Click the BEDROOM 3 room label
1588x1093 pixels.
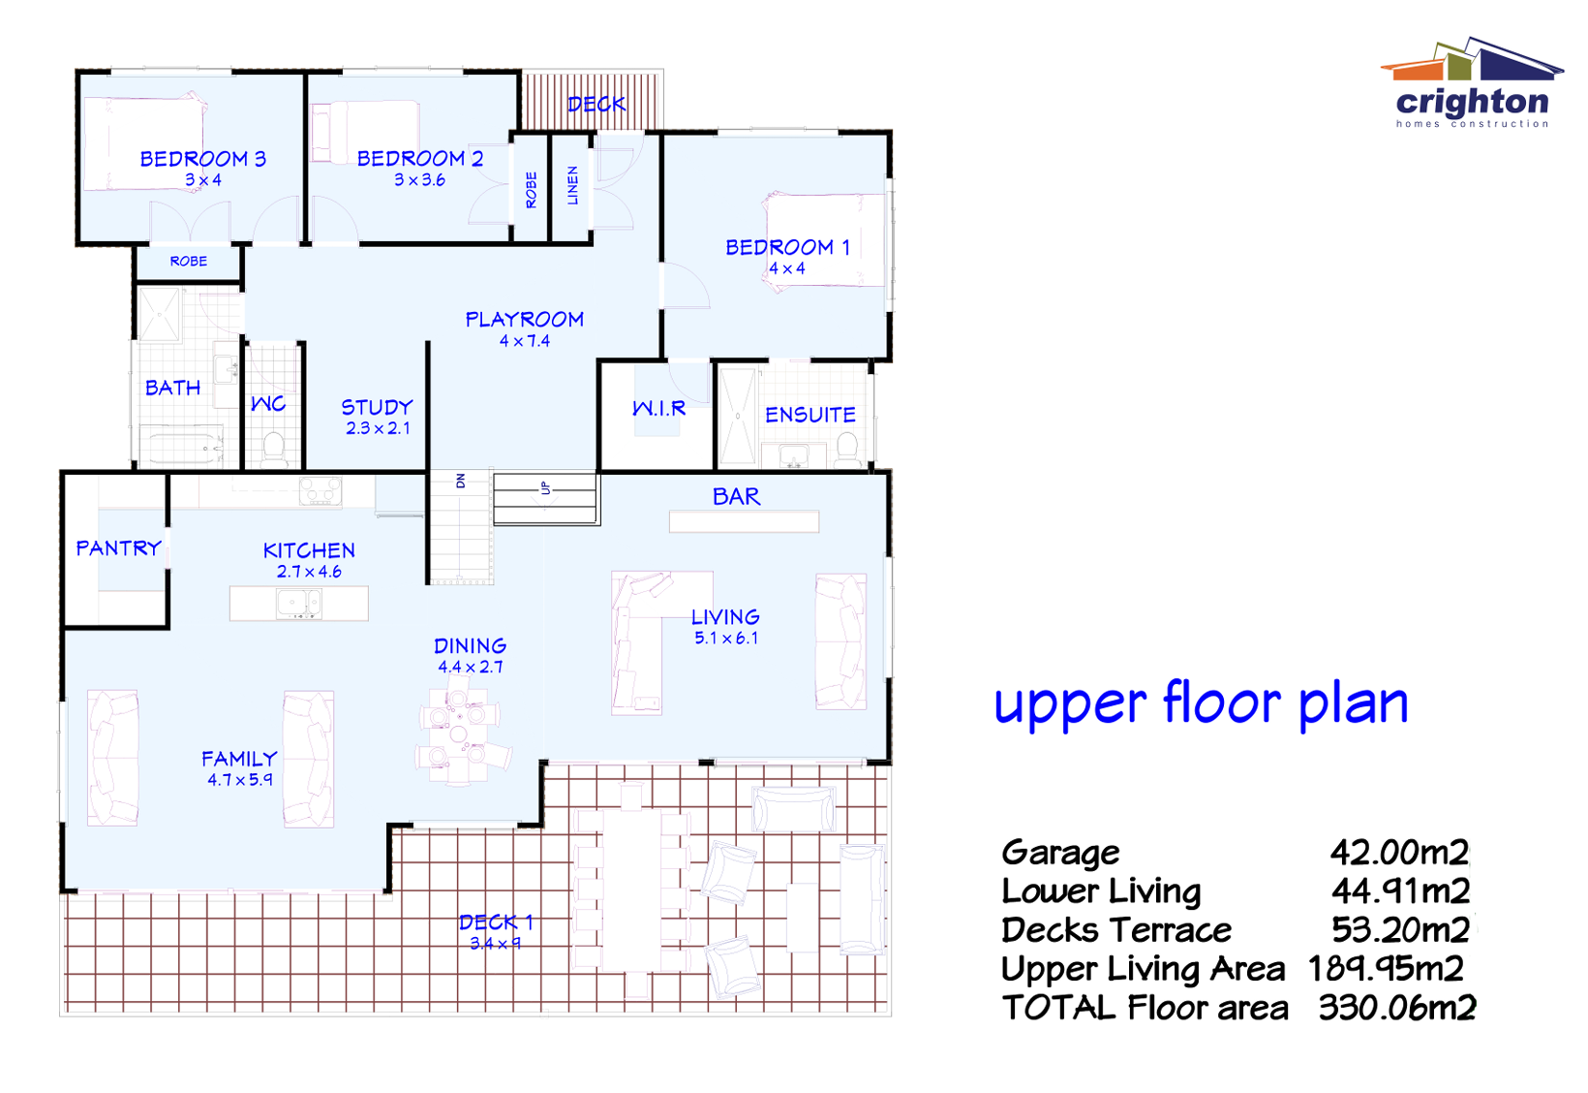pyautogui.click(x=202, y=159)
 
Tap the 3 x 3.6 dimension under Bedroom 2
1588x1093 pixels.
pyautogui.click(x=419, y=180)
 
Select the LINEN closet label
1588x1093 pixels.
pyautogui.click(x=572, y=185)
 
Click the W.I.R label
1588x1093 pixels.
pyautogui.click(x=659, y=409)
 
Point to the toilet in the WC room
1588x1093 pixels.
pyautogui.click(x=273, y=449)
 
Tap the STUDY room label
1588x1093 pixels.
pyautogui.click(x=377, y=407)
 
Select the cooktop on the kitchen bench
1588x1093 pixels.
pyautogui.click(x=320, y=491)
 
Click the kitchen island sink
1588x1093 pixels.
pyautogui.click(x=298, y=604)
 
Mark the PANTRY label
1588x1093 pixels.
pyautogui.click(x=118, y=548)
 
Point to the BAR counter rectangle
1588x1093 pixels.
pyautogui.click(x=744, y=522)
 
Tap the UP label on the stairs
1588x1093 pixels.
pyautogui.click(x=545, y=488)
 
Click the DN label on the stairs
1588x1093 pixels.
pyautogui.click(x=461, y=481)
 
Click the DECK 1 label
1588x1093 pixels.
pyautogui.click(x=495, y=921)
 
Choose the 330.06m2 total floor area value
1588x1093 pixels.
pyautogui.click(x=1396, y=1008)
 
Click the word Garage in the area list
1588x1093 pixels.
pyautogui.click(x=1060, y=853)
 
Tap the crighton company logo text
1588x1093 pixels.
pyautogui.click(x=1472, y=102)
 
